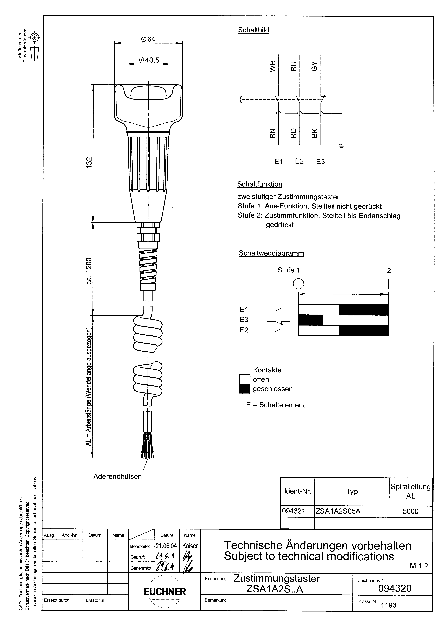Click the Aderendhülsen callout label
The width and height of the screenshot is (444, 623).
118,477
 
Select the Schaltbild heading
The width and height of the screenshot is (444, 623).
253,30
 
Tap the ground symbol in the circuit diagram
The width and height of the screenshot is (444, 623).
342,146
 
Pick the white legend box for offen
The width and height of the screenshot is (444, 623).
245,379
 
